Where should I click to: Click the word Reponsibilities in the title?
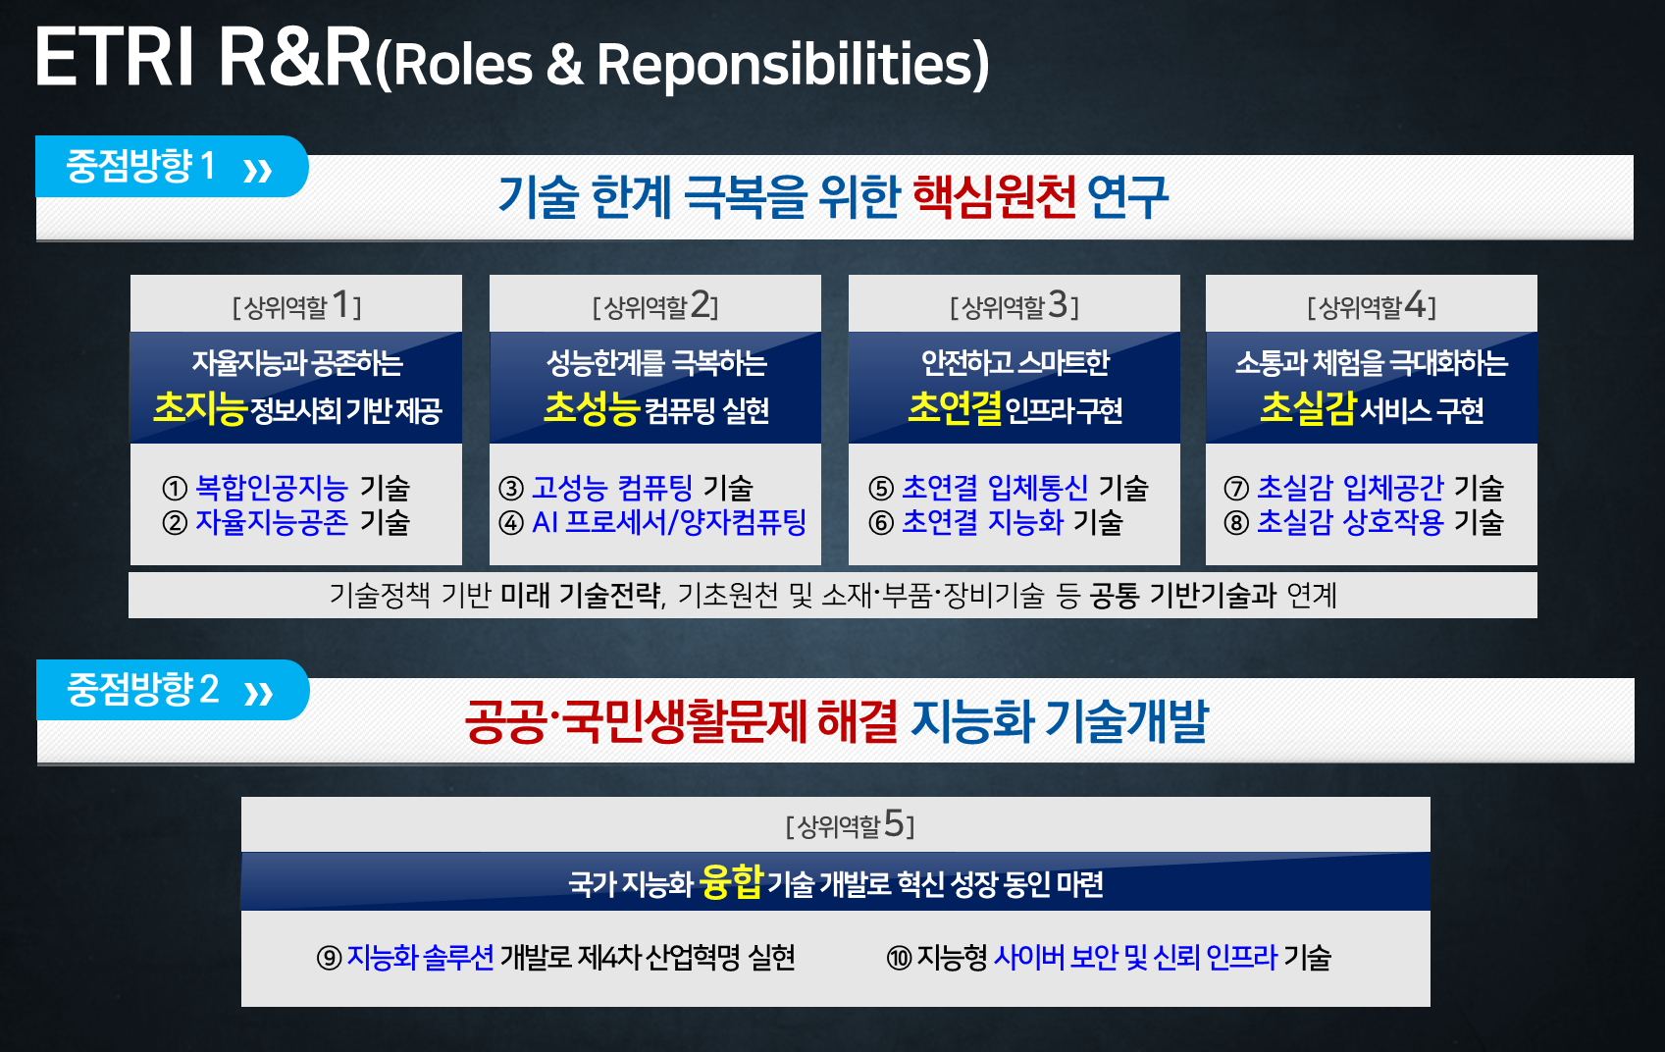[x=793, y=65]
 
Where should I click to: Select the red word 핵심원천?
[x=994, y=196]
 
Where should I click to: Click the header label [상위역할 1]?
[x=296, y=306]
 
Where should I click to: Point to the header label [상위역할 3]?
[x=1015, y=306]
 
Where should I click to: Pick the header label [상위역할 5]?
[x=850, y=824]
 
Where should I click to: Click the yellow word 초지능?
[x=199, y=408]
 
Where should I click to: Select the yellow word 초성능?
[x=591, y=408]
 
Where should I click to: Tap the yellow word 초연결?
[x=955, y=408]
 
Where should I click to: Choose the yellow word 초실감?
[x=1308, y=408]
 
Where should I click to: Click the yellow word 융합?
[x=731, y=882]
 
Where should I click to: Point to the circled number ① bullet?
[x=175, y=488]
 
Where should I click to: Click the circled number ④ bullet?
[x=511, y=523]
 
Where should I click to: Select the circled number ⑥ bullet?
[x=881, y=523]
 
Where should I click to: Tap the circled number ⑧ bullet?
[x=1236, y=523]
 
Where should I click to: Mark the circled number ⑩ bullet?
[x=899, y=958]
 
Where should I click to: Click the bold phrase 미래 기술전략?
[x=581, y=595]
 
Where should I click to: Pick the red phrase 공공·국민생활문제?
[x=635, y=721]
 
